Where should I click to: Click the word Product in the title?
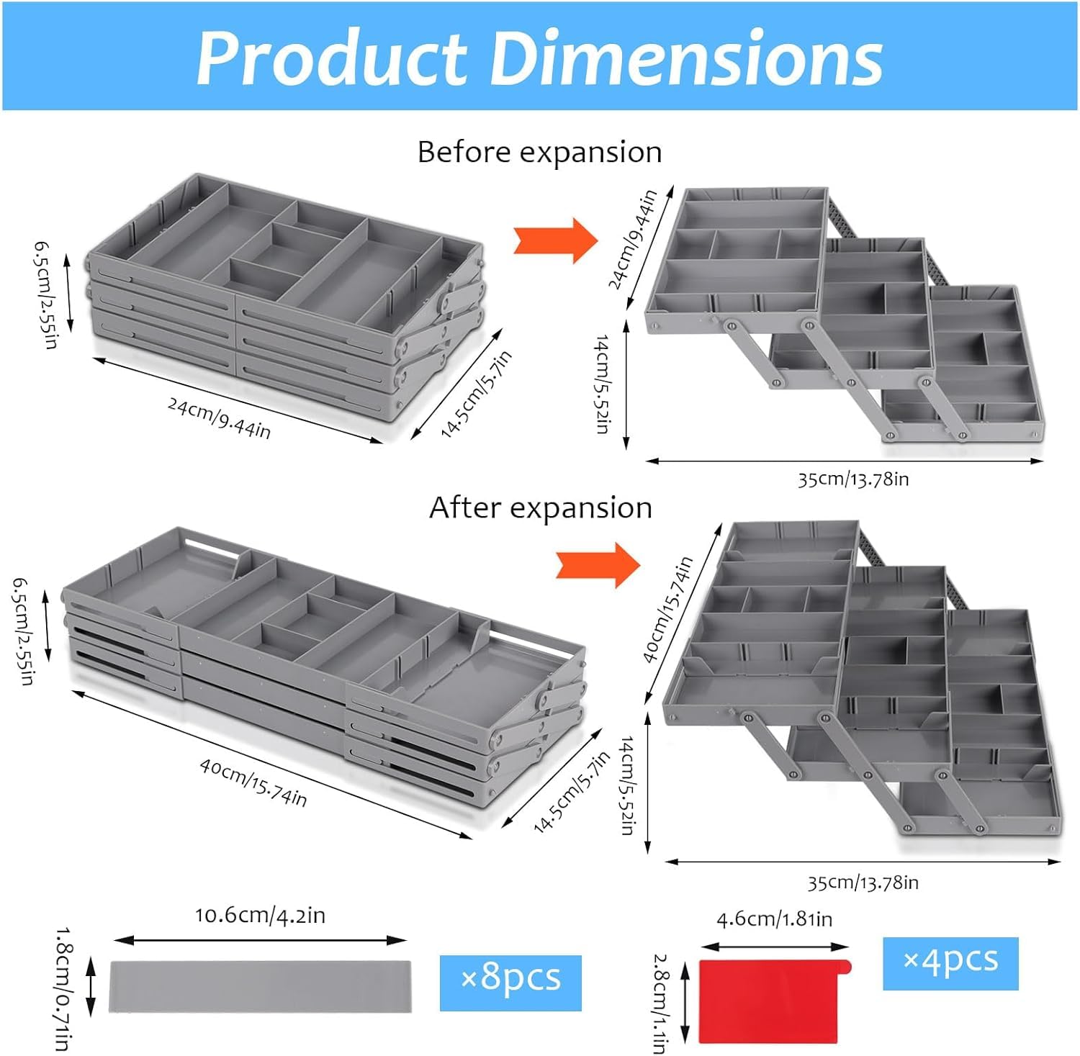pyautogui.click(x=332, y=58)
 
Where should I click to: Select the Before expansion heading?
pyautogui.click(x=539, y=153)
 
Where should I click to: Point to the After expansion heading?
pyautogui.click(x=541, y=507)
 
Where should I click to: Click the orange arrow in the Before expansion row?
pyautogui.click(x=555, y=240)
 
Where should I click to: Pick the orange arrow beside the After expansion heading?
pyautogui.click(x=598, y=565)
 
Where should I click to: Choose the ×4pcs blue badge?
pyautogui.click(x=950, y=963)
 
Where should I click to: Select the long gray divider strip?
pyautogui.click(x=261, y=986)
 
